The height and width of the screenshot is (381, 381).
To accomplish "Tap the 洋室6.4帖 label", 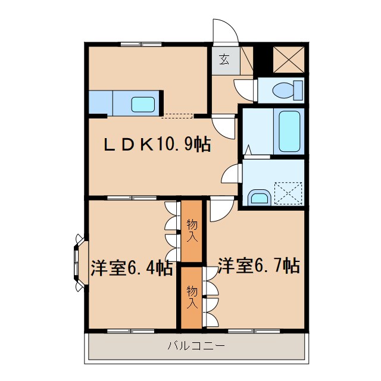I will [x=132, y=267].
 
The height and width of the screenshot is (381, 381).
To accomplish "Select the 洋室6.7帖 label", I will [x=258, y=265].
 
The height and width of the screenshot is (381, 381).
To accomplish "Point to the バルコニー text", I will [x=196, y=346].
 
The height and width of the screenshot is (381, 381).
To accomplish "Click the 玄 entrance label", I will [x=224, y=59].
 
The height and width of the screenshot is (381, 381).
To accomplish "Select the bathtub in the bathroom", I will [x=290, y=131].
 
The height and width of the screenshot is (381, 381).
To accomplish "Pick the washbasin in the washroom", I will [x=259, y=197].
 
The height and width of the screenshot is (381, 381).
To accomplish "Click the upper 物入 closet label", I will [x=192, y=232].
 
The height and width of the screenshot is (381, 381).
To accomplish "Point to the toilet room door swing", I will [x=245, y=89].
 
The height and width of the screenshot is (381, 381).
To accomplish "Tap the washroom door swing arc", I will [x=231, y=174].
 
